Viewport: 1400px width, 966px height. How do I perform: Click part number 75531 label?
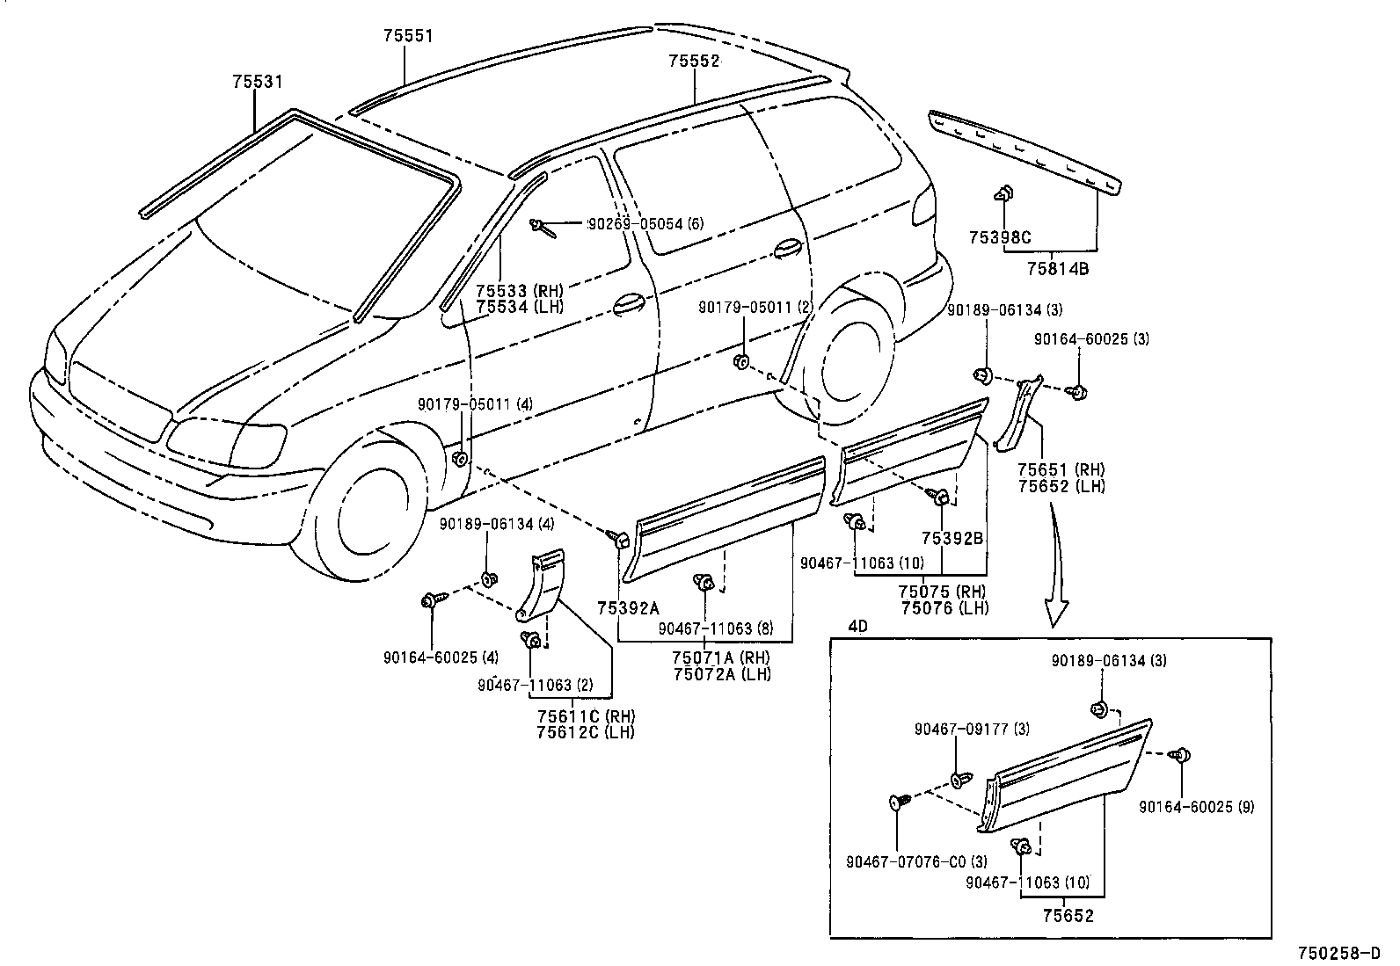[257, 82]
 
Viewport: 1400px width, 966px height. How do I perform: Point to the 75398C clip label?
[1000, 237]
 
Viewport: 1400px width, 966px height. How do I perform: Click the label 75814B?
[1058, 269]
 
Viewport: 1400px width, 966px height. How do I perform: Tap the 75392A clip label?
[627, 607]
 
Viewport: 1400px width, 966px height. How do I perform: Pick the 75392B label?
[952, 539]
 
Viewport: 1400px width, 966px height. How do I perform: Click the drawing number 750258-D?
[1345, 953]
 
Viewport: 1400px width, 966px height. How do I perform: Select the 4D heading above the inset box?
[857, 627]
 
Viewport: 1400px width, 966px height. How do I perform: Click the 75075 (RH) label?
[942, 592]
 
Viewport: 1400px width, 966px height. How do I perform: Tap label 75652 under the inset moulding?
[1068, 917]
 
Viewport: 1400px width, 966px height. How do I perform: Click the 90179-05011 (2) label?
[757, 308]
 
